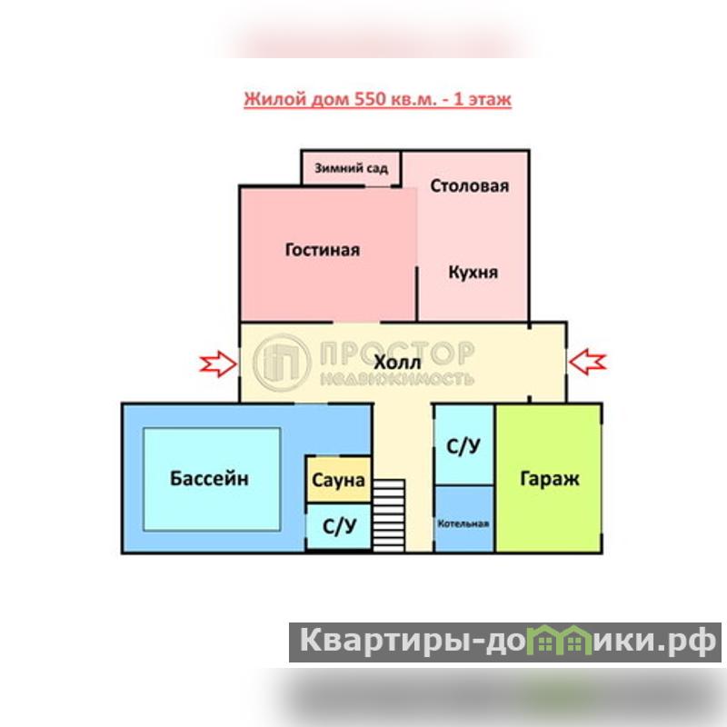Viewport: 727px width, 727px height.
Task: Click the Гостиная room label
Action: [322, 250]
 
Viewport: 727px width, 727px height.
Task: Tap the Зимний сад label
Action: [352, 168]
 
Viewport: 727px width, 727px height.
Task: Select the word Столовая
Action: [469, 186]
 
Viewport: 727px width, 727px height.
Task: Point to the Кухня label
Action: [473, 272]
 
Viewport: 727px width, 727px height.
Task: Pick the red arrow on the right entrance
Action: [588, 362]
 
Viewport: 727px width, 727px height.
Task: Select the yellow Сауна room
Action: [338, 479]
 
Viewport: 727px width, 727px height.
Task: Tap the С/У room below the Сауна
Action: [339, 526]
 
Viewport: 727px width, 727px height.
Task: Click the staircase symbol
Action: [388, 514]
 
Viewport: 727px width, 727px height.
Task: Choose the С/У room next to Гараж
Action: [463, 446]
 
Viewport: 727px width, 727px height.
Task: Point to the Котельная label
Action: [463, 524]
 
